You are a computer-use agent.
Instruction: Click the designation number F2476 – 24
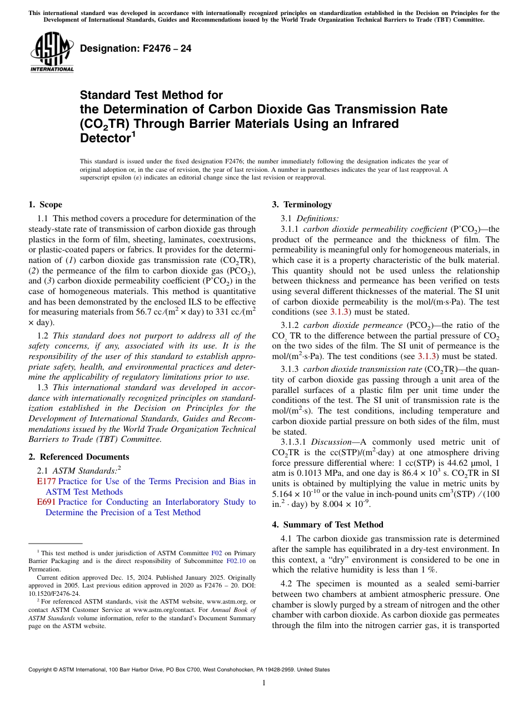pyautogui.click(x=136, y=48)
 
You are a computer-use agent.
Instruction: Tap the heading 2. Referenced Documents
pyautogui.click(x=78, y=457)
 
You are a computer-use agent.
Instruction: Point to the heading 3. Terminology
pyautogui.click(x=302, y=205)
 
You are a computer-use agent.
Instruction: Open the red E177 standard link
pyautogui.click(x=46, y=481)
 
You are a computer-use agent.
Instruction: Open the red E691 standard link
pyautogui.click(x=46, y=502)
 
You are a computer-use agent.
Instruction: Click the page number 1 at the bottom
pyautogui.click(x=264, y=683)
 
